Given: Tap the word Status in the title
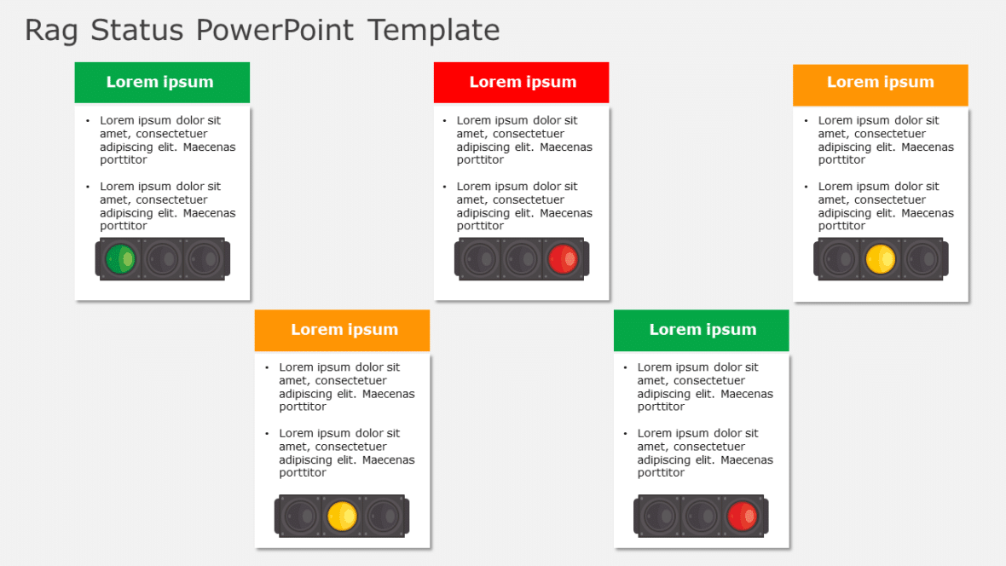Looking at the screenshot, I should pos(136,31).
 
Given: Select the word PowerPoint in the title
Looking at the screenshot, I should pos(275,31).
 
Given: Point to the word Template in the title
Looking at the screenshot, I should pos(434,31).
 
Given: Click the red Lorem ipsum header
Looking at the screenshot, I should pos(522,83).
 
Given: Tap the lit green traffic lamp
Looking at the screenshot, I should pos(120,258).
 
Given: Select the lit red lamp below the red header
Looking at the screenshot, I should pos(563,258).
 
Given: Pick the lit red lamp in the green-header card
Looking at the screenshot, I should pos(743,517).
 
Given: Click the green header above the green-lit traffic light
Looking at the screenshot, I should pos(161,83).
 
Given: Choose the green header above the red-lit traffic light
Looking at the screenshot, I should pos(702,330).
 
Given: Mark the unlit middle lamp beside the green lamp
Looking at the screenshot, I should pos(162,258).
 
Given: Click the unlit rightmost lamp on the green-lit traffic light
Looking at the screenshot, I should pos(204,258).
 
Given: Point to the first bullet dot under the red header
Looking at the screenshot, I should pos(444,120).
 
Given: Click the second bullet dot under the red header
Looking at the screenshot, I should pos(444,187).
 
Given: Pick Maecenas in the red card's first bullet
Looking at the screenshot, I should pos(567,147).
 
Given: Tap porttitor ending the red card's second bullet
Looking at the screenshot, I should pos(481,226).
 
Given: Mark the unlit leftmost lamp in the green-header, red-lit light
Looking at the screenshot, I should pos(660,517).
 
